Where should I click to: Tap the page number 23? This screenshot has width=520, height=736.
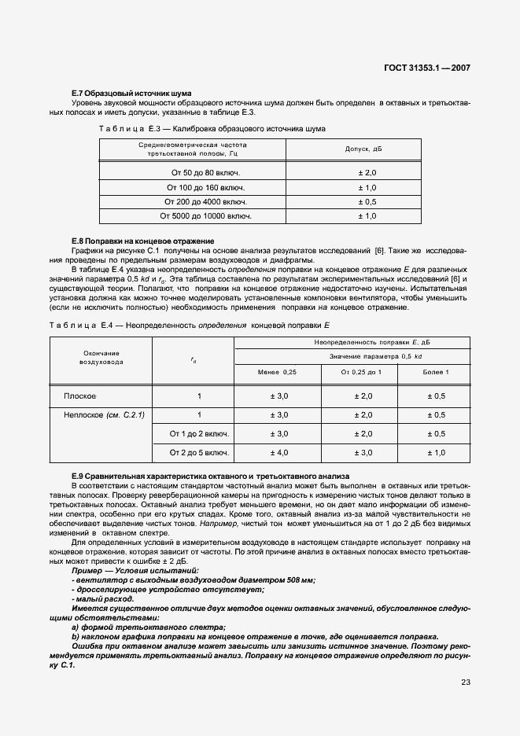(465, 682)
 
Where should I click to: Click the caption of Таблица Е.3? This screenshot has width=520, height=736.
(212, 127)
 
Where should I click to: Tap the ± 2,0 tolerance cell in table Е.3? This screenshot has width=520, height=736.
(367, 172)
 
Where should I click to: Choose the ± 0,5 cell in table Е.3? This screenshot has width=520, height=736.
(367, 201)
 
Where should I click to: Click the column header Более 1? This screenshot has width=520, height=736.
(435, 371)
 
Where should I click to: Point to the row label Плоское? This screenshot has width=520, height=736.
(79, 396)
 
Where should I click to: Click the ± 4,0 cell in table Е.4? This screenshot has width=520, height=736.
(279, 452)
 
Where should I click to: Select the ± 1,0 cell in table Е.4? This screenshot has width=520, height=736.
(435, 452)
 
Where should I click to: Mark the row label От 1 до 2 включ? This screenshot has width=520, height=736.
(200, 433)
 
